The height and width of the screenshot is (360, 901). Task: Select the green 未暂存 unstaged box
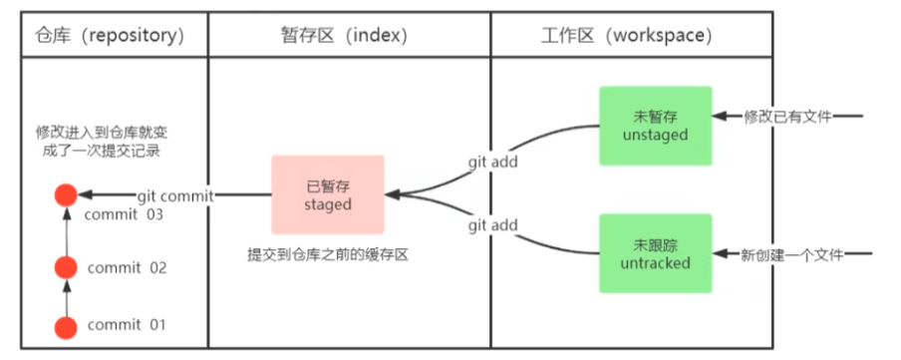[655, 126]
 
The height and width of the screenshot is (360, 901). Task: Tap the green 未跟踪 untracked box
[655, 253]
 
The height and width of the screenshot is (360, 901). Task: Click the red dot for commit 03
[66, 195]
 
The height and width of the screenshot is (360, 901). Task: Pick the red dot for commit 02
[66, 267]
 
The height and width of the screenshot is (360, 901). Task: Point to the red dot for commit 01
[66, 325]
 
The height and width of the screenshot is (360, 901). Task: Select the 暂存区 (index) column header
[348, 35]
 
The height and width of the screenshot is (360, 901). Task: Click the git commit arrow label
[174, 196]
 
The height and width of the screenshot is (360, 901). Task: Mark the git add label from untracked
[494, 226]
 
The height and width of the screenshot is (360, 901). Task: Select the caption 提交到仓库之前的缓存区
[330, 254]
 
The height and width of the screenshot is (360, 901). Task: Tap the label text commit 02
[127, 267]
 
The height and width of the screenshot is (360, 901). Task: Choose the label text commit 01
[127, 325]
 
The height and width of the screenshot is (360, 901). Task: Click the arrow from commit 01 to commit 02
[66, 296]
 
